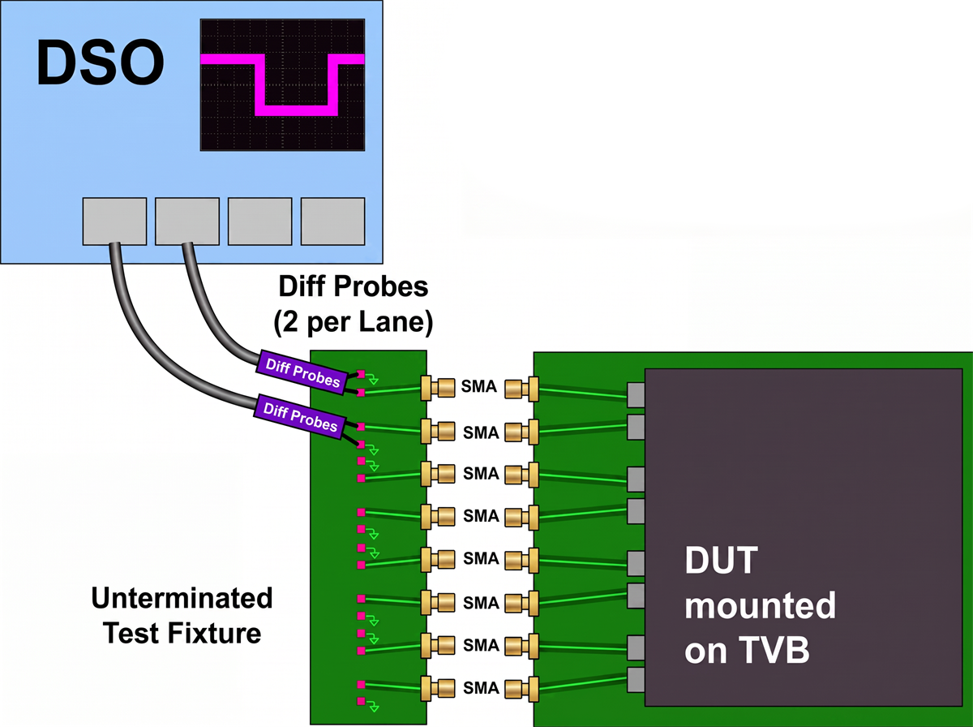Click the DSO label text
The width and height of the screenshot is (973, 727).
(100, 62)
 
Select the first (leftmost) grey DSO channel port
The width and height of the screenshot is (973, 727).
(114, 222)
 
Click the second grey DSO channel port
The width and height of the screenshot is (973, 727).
(187, 222)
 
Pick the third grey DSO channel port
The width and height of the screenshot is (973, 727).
(259, 222)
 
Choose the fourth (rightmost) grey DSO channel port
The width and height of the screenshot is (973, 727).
(333, 222)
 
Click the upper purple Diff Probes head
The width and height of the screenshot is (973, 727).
(302, 372)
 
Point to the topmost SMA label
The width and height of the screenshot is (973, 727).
(478, 386)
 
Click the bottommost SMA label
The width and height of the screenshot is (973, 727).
(481, 688)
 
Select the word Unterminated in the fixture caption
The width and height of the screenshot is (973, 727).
(182, 598)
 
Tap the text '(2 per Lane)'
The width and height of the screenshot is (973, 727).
(354, 321)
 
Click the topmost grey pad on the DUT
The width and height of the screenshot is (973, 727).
(637, 395)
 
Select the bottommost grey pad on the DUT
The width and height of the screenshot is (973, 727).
(637, 680)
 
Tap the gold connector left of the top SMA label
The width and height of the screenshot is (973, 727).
(438, 388)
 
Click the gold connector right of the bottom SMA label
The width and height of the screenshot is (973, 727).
(521, 689)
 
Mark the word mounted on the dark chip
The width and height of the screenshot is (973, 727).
(761, 605)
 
